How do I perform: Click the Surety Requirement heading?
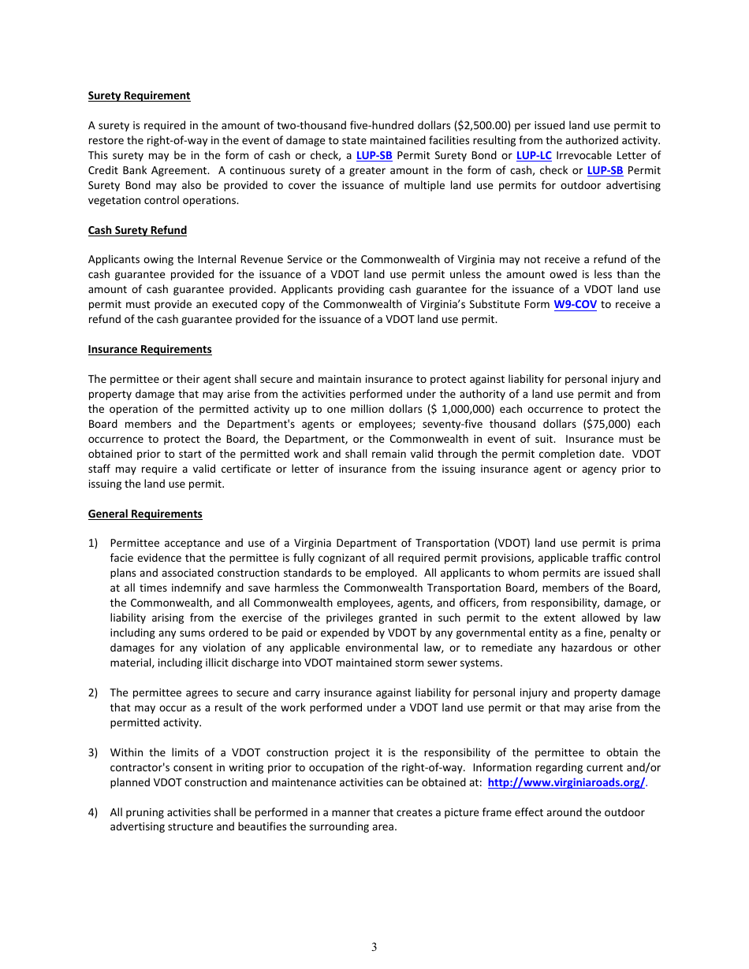point(139,95)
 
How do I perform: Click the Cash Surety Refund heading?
point(137,230)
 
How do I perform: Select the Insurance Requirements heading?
point(150,349)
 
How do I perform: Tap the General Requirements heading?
point(145,514)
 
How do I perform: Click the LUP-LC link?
point(534,155)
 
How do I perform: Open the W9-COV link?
point(575,304)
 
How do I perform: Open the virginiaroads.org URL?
point(566,782)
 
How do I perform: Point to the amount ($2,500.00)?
point(484,125)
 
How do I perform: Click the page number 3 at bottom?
point(374,947)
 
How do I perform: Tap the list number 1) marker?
point(93,543)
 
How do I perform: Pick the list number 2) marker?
point(93,692)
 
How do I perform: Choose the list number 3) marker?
point(93,752)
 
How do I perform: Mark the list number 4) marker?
point(93,812)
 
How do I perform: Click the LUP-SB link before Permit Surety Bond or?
point(374,155)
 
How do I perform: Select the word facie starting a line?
point(123,558)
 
